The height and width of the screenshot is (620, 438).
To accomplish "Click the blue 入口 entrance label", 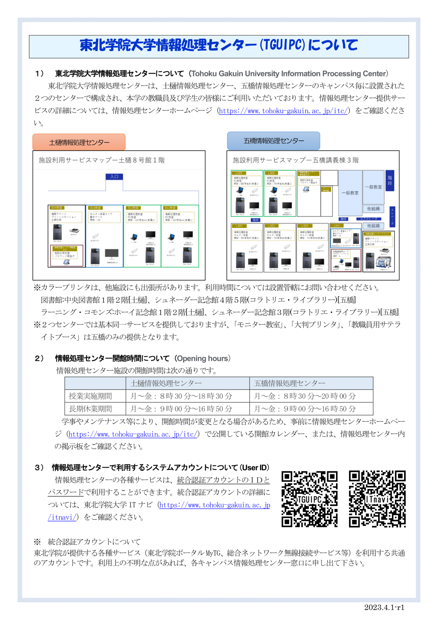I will (114, 176).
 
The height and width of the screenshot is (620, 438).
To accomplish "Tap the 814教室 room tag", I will (57, 208).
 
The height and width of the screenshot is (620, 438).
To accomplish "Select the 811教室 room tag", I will (170, 208).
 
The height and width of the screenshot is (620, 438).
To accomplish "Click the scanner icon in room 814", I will (74, 231).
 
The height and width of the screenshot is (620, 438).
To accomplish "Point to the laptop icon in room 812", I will (134, 237).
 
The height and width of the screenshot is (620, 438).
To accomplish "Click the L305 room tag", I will (239, 173).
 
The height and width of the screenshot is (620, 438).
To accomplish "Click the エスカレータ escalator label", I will (368, 219).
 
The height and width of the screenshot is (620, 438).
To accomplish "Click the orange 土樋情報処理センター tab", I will (79, 142).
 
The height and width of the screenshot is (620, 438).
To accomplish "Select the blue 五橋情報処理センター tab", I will (273, 141).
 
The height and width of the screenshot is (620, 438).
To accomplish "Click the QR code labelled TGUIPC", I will (309, 499).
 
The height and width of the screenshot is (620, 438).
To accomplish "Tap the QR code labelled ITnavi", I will (377, 499).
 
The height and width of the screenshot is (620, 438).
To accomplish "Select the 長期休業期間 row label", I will (90, 409).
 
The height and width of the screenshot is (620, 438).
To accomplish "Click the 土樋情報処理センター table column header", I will (166, 383).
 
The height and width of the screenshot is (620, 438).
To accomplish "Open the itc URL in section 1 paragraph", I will (283, 111).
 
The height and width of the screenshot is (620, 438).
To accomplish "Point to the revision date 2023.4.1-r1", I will (384, 607).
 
